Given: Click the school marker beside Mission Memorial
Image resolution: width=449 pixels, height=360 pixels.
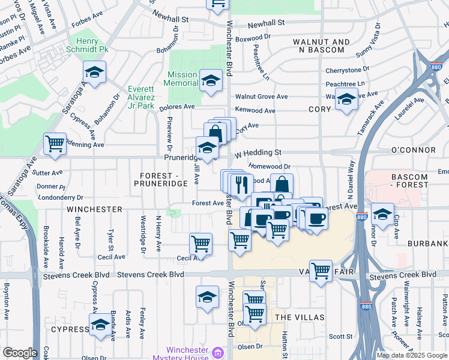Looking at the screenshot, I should point(211,81).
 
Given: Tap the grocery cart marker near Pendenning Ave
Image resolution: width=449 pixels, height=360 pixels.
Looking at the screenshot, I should point(55,144).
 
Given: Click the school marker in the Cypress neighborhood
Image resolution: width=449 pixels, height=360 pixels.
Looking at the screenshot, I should point(100,325).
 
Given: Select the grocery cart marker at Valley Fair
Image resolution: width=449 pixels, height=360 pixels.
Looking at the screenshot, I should point(321,271).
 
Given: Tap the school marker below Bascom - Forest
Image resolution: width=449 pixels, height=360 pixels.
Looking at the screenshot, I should point(382,213).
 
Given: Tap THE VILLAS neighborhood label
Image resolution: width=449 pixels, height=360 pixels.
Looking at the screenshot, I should point(300,317).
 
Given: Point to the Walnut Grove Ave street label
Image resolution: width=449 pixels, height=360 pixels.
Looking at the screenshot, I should point(261,97).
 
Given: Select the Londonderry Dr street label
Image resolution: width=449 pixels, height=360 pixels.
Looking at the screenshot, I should point(60,196).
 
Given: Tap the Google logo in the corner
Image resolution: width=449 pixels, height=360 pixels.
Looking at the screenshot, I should point(20,353).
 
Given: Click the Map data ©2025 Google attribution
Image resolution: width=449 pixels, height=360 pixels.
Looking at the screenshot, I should point(412,355).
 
